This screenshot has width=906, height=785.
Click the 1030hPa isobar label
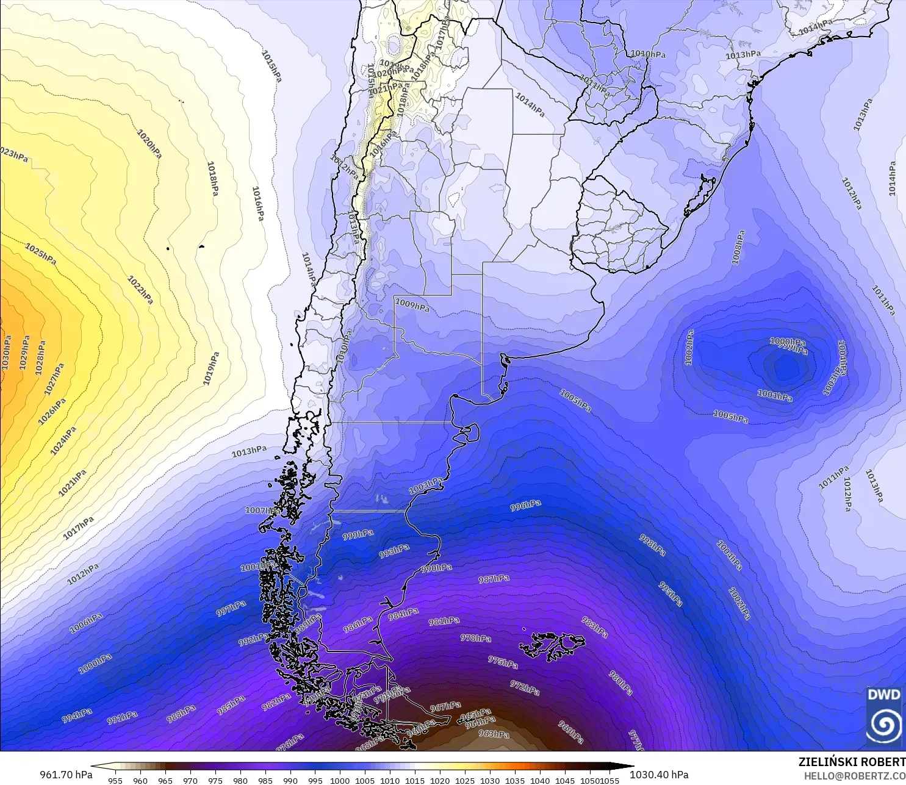[6, 353]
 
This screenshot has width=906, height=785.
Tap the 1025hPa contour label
[41, 254]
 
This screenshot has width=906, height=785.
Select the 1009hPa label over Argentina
[412, 305]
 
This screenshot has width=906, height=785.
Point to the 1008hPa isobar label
[738, 247]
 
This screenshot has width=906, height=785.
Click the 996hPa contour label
[525, 506]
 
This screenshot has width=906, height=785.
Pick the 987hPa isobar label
[494, 579]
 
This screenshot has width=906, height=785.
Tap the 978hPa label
[475, 638]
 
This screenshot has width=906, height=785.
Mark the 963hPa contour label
[494, 734]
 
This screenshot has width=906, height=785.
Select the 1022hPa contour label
[140, 290]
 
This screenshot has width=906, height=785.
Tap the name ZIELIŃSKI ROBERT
[852, 762]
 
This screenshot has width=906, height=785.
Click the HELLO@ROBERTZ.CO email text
[854, 775]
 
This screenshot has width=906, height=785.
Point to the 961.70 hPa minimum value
[66, 775]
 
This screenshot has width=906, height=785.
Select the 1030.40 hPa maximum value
[659, 775]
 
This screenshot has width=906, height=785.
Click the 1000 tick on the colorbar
[340, 780]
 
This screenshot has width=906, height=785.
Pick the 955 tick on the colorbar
[115, 780]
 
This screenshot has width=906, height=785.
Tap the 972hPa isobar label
[525, 688]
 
